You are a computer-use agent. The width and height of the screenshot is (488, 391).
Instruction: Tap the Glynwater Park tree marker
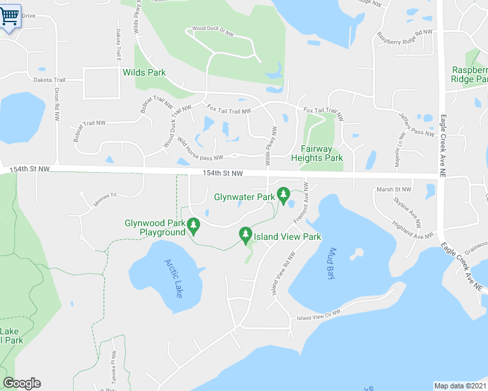click(x=283, y=194)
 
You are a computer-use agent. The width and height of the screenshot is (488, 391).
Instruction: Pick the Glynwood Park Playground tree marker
click(x=193, y=225)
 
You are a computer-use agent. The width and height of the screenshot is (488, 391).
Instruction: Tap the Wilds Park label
click(x=144, y=73)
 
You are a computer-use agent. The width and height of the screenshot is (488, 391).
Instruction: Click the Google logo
click(x=22, y=383)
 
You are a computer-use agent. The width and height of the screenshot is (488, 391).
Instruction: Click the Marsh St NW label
click(x=394, y=190)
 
